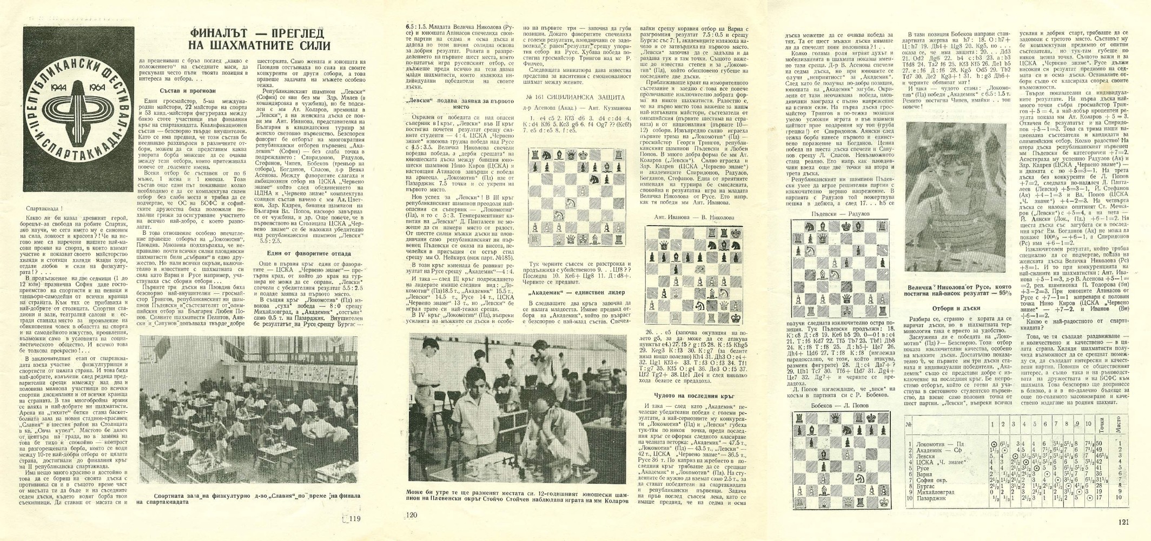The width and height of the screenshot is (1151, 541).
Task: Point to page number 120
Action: (x=412, y=515)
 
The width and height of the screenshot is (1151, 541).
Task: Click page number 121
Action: (x=1132, y=522)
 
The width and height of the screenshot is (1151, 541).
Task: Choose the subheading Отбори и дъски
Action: (x=956, y=308)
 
